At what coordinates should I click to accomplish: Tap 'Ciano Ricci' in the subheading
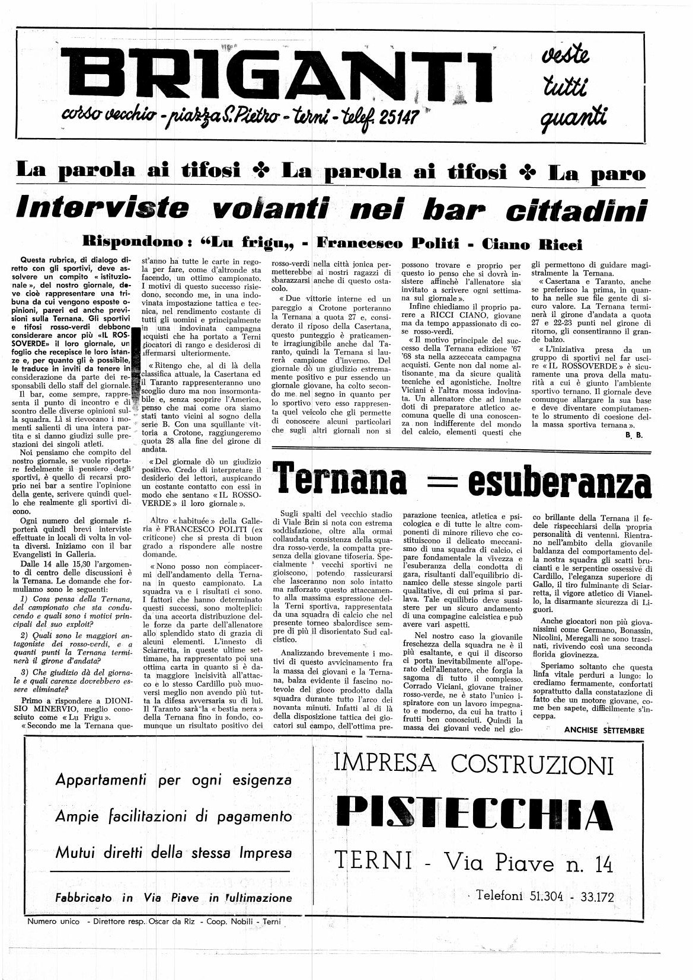pyautogui.click(x=532, y=244)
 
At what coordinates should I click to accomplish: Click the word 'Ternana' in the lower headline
pyautogui.click(x=343, y=482)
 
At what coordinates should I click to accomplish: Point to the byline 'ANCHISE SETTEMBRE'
pyautogui.click(x=603, y=730)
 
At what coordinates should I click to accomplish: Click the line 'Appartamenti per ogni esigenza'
pyautogui.click(x=173, y=779)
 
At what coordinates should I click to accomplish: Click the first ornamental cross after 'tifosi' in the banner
pyautogui.click(x=260, y=172)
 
